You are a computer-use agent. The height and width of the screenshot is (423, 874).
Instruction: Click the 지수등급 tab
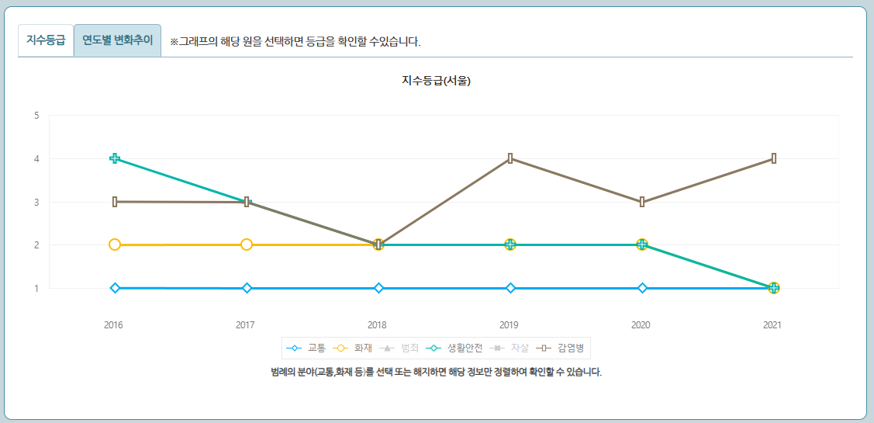[x=46, y=40]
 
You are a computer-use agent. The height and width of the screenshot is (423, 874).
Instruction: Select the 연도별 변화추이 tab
[x=117, y=40]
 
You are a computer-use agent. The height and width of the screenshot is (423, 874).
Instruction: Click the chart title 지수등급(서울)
[x=436, y=81]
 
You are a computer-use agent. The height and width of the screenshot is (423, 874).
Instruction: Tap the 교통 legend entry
[x=306, y=348]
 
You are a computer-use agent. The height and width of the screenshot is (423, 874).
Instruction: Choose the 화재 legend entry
[x=353, y=348]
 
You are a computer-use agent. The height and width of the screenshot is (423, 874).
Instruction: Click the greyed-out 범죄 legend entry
[x=400, y=348]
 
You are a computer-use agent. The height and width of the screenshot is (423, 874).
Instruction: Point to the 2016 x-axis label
[x=114, y=325]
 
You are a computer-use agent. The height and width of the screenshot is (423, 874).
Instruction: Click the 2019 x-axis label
[x=510, y=325]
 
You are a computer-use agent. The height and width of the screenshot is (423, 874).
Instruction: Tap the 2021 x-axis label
[x=772, y=325]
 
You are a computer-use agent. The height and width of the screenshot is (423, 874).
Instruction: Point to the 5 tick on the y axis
[x=36, y=116]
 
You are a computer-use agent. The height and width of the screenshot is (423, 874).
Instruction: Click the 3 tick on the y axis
[x=36, y=202]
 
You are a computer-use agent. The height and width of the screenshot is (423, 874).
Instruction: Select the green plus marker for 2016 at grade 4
[x=115, y=158]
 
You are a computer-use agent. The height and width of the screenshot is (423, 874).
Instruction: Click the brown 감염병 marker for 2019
[x=510, y=158]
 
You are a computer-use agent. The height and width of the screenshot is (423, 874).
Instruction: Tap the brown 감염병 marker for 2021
[x=774, y=158]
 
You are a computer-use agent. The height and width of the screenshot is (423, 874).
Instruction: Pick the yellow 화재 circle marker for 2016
[x=115, y=244]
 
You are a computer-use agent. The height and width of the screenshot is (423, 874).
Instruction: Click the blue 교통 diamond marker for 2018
[x=378, y=288]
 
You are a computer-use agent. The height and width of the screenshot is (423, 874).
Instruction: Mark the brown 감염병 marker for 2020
[x=642, y=202]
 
